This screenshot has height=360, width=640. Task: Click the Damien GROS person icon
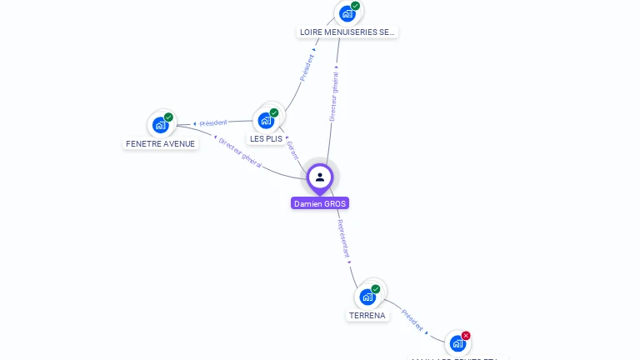(320, 177)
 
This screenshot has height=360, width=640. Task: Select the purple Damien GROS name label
(320, 203)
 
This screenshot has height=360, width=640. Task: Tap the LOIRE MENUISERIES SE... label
(347, 32)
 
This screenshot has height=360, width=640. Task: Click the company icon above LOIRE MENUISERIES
(347, 13)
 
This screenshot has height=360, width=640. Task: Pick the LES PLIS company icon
(267, 120)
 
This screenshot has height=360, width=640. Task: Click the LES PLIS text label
(267, 138)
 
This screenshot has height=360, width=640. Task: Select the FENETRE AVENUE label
(160, 143)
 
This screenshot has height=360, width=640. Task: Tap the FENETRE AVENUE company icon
(160, 125)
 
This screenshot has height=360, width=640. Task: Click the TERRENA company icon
(367, 297)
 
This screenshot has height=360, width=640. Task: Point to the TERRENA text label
(367, 316)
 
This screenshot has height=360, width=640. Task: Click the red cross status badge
(466, 336)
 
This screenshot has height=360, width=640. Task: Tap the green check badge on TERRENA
(376, 289)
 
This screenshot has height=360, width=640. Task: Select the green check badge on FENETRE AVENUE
(168, 117)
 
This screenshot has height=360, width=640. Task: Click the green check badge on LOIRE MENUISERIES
(356, 6)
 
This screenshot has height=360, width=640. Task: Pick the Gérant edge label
(292, 150)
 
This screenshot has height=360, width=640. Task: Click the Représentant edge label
(344, 238)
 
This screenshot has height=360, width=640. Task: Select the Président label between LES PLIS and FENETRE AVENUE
(212, 123)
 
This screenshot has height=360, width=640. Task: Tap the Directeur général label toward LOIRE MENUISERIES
(333, 97)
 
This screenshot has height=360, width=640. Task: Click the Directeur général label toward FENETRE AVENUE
(240, 153)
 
